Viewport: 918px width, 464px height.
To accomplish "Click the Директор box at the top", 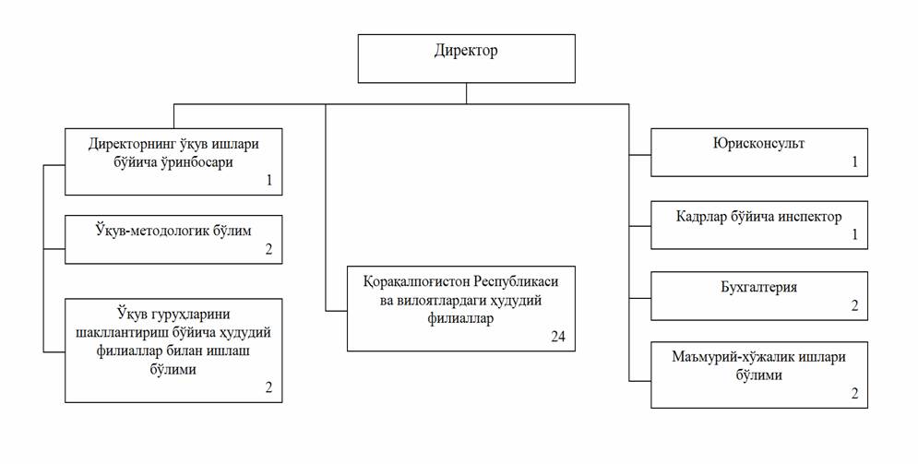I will tap(466, 58).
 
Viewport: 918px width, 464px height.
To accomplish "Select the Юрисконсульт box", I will tap(758, 153).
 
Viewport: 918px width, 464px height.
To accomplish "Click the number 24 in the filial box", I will tap(557, 337).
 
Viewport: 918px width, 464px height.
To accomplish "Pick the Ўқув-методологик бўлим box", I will tap(173, 240).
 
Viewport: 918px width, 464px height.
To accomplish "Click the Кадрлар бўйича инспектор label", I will tap(759, 217).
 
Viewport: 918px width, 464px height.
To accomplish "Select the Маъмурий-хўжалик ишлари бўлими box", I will tap(758, 375).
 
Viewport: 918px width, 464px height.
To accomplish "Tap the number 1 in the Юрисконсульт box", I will tap(854, 163).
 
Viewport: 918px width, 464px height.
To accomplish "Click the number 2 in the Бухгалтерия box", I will tap(854, 305).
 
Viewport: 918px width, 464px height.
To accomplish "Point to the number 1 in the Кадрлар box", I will tap(854, 234).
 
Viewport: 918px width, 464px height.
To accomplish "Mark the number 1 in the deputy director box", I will tap(268, 181).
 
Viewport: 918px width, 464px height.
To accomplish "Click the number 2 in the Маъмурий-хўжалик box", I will tap(854, 394).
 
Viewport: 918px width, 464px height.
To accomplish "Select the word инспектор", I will tap(807, 217).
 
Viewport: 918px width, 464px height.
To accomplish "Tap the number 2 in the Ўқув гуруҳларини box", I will tap(268, 387).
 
